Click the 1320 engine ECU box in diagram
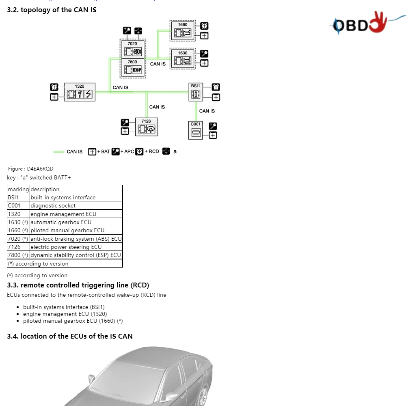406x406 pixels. [x=80, y=92]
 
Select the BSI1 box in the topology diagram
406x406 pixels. [x=196, y=92]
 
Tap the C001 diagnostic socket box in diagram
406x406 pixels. [x=196, y=130]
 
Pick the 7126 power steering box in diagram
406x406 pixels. [x=146, y=127]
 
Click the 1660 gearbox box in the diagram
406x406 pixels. [x=183, y=31]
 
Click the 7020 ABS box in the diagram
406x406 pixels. [x=133, y=49]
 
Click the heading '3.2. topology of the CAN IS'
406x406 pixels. [x=52, y=10]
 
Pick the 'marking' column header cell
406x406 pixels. [x=18, y=189]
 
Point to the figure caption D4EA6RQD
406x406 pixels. [x=31, y=169]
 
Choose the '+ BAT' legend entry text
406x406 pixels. [x=104, y=151]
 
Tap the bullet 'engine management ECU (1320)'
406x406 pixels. [x=65, y=314]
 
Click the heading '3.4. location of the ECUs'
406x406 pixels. [x=69, y=336]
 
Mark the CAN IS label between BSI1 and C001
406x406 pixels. [x=207, y=111]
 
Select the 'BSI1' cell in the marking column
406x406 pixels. [x=13, y=198]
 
